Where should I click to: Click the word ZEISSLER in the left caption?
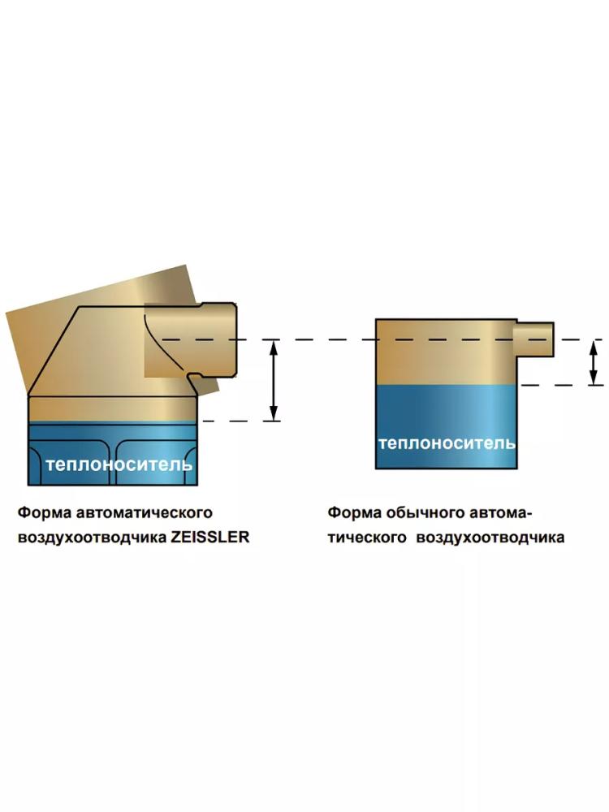coord(210,537)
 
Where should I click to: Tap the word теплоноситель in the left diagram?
coord(119,464)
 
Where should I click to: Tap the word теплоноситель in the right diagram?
coord(447,443)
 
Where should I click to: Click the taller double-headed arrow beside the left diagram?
coord(274,380)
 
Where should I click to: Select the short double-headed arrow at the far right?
coord(595,362)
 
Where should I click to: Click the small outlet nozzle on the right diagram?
coord(534,339)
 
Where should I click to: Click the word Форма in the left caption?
coord(44,512)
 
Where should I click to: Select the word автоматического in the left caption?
coord(144,512)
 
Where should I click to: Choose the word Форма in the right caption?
coord(354,512)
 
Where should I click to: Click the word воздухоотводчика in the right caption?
coord(490,538)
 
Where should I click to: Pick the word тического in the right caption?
coord(367,538)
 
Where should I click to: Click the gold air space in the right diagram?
coord(446,352)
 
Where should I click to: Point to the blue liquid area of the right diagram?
coord(446,427)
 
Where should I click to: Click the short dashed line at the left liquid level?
coord(241,421)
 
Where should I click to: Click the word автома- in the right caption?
coord(501,512)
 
